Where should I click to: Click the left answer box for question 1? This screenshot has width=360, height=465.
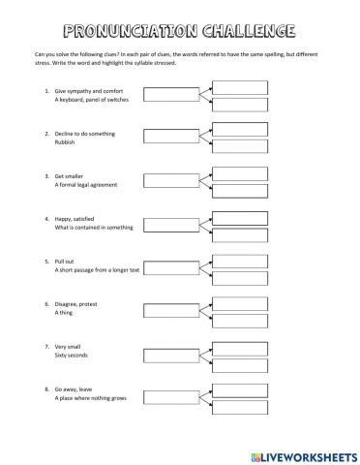(x=169, y=94)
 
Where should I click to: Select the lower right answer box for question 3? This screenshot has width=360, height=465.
(x=239, y=191)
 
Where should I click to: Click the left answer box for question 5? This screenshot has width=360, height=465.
(x=169, y=265)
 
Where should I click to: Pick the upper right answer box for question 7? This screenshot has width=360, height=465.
(x=239, y=344)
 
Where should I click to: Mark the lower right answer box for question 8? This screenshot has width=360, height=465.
(x=239, y=405)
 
